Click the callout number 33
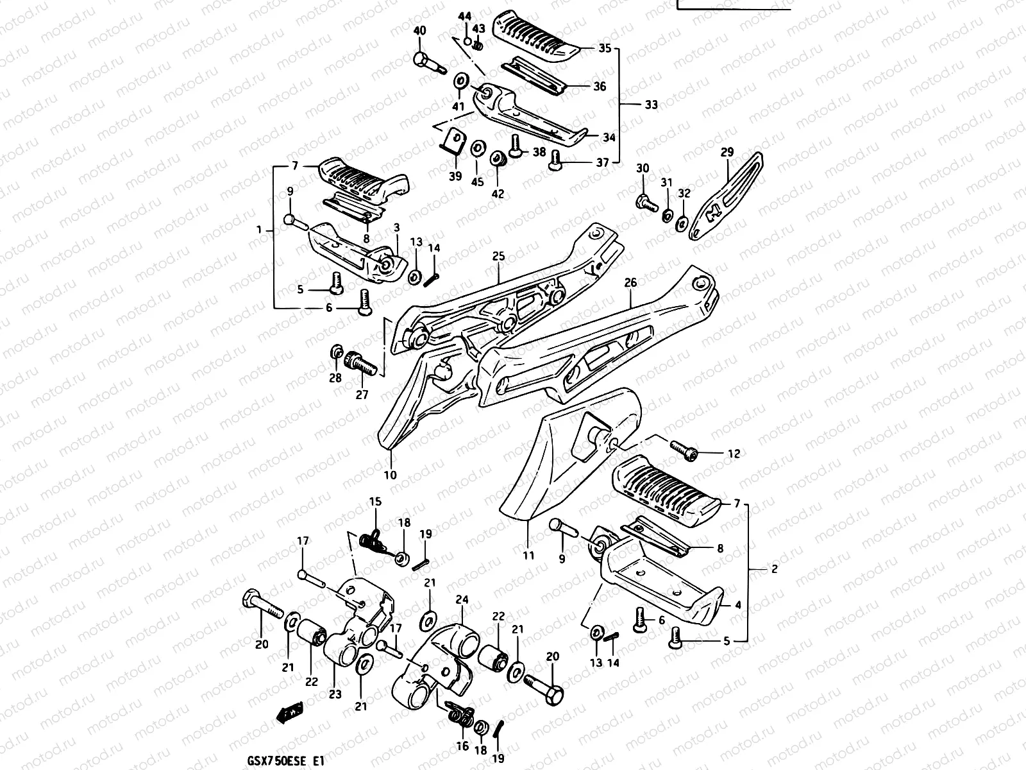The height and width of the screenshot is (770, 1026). pos(651,105)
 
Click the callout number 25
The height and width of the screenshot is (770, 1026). pos(499,257)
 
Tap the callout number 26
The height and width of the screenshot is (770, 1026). pos(630,282)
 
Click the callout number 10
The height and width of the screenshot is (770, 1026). pos(390,475)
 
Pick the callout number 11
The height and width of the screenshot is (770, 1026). pos(528,556)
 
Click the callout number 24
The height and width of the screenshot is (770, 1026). pos(462,600)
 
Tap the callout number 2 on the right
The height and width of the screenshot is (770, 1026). pos(775,569)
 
